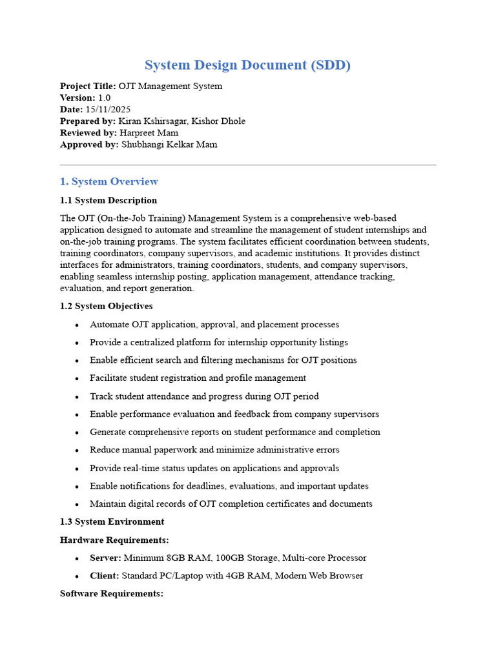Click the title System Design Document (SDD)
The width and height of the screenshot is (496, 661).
[x=247, y=65]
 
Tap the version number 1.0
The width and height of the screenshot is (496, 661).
[x=104, y=98]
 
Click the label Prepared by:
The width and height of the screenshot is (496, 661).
[x=88, y=121]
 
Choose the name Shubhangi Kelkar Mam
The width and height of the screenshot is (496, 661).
[x=169, y=145]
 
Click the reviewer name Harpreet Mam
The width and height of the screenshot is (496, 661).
[x=149, y=133]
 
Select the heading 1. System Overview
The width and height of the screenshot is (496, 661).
[x=109, y=181]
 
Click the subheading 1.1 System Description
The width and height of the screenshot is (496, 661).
[x=108, y=200]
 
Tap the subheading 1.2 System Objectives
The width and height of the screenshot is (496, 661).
[x=106, y=306]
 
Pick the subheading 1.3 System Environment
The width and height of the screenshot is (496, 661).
[x=112, y=522]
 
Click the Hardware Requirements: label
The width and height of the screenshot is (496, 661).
[x=114, y=540]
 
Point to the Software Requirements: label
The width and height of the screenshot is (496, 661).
[x=112, y=593]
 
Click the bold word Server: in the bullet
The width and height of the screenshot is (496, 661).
[x=105, y=558]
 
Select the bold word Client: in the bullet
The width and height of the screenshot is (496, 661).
[x=104, y=576]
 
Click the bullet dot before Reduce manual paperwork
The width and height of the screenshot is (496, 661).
[x=77, y=451]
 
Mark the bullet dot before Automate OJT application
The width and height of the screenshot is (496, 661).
[x=77, y=325]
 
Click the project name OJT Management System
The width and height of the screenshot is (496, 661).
[x=170, y=86]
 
